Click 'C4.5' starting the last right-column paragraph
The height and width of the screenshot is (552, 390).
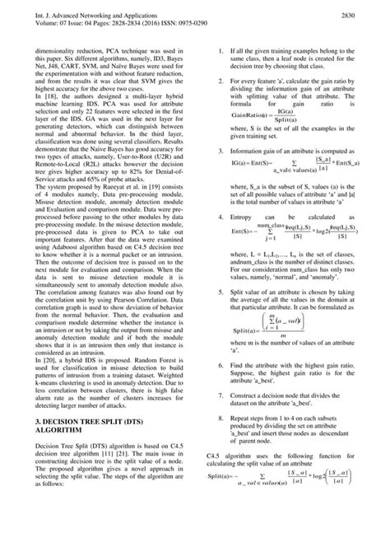[212, 502]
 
